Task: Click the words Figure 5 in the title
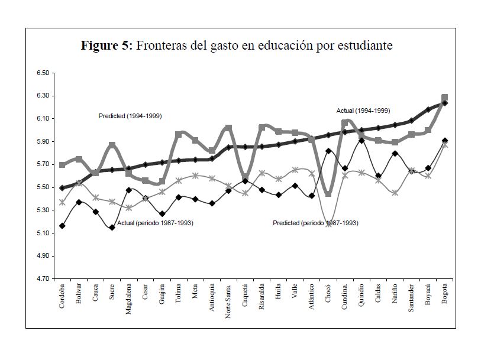pos(106,46)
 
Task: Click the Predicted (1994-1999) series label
pos(130,116)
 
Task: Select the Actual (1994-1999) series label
pos(363,111)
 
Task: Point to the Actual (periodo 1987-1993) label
pos(156,223)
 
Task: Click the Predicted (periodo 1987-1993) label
pos(315,223)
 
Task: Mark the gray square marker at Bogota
pos(445,98)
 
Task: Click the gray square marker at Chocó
pos(328,193)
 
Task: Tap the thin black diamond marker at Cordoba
pos(62,226)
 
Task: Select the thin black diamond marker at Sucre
pos(112,228)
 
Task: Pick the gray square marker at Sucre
pos(112,145)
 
